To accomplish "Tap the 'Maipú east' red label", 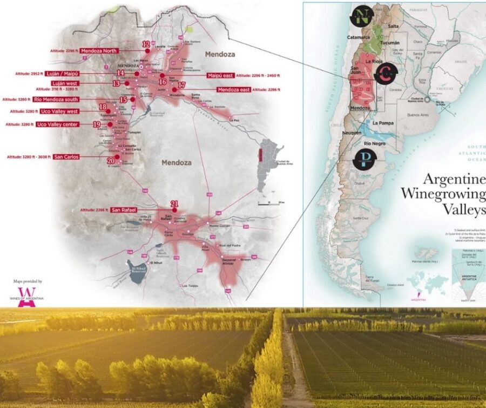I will (x=219, y=76).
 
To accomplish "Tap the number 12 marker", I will (x=146, y=44).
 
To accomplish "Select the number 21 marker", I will (x=174, y=204).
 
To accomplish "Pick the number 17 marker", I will (x=181, y=85).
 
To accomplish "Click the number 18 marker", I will (x=103, y=107).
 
